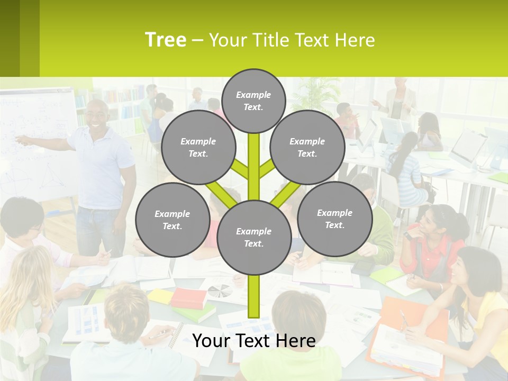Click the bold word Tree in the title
tap(166, 40)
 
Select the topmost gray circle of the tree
tap(253, 101)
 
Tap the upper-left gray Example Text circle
tap(198, 148)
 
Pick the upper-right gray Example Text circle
tap(307, 148)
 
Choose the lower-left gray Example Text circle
tap(172, 220)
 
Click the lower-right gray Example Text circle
tap(334, 219)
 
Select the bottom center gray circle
tap(253, 238)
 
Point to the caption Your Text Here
tap(253, 341)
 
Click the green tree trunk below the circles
tap(253, 296)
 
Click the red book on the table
tap(188, 297)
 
